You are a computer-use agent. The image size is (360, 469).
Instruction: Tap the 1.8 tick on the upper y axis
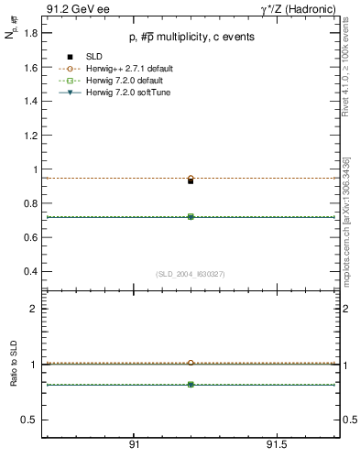pos(31,33)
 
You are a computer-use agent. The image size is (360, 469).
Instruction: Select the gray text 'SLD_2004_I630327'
pos(191,274)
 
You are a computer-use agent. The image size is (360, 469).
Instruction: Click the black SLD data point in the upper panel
pos(191,181)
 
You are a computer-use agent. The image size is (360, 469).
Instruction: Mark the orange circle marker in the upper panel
pos(191,178)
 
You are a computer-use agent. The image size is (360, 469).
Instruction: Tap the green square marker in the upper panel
pos(191,217)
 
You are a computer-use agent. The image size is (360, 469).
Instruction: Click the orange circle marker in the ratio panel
pos(191,363)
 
